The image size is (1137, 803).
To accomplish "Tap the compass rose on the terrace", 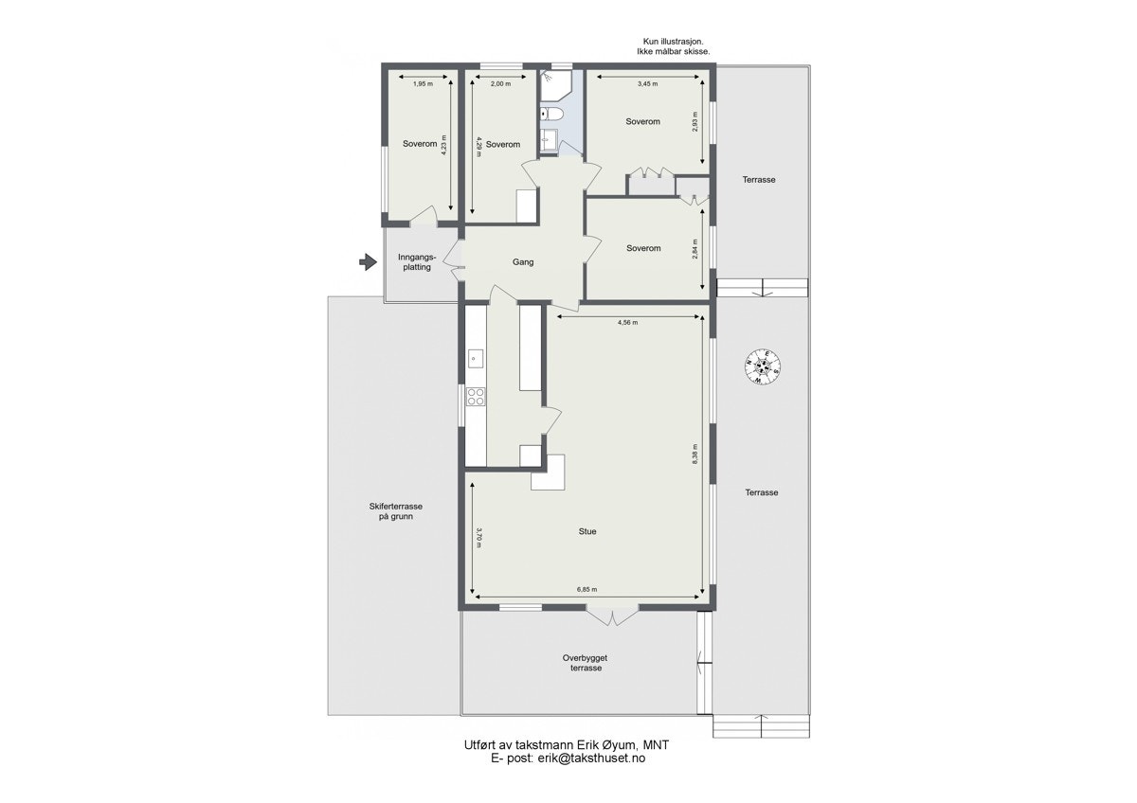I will tap(763, 366).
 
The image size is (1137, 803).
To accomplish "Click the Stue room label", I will tap(587, 532).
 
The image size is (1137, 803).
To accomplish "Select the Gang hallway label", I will tap(523, 262).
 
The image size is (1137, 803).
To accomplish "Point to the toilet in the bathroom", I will tap(553, 115).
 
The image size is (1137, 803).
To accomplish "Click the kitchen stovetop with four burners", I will tap(476, 397).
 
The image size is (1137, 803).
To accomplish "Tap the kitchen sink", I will tap(475, 358).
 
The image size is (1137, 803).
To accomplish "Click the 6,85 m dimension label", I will tap(588, 589).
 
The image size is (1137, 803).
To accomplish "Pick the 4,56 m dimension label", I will tap(627, 323).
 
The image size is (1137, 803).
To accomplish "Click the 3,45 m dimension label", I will tap(647, 84).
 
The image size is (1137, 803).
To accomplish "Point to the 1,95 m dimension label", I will tap(422, 84).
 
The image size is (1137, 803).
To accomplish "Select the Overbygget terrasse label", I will tap(586, 662).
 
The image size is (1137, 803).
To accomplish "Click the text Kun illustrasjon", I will tap(673, 41).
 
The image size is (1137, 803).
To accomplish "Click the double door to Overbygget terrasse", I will tap(613, 616).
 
